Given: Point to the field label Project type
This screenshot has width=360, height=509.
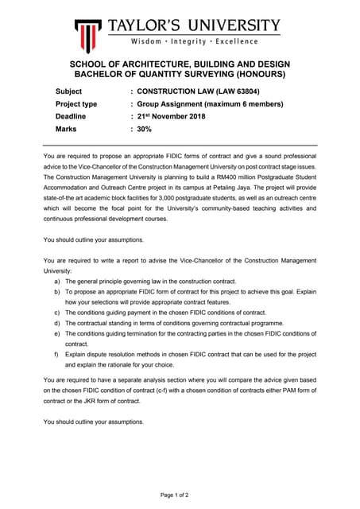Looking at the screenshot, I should pos(76,103).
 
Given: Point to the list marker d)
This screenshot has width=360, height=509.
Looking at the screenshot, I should pos(57,324).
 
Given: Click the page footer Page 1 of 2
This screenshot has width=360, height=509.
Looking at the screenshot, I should pos(175,495).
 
